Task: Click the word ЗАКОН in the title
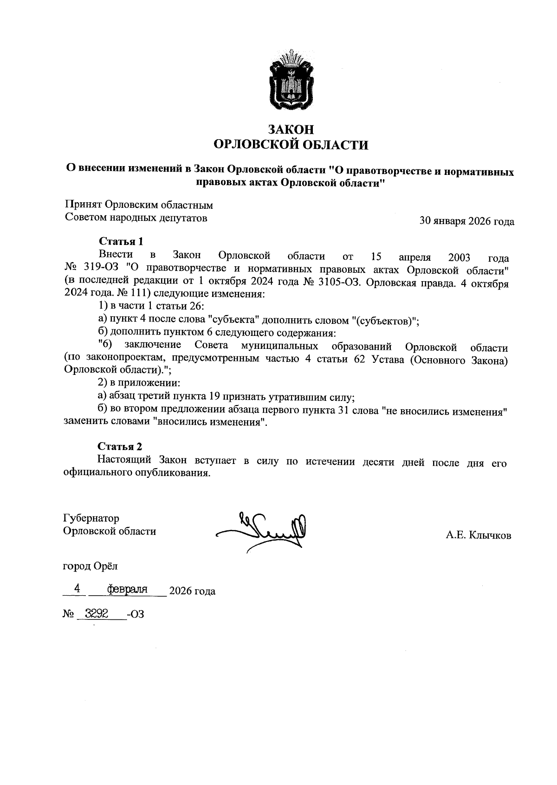(291, 129)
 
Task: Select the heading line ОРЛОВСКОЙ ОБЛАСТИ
(291, 145)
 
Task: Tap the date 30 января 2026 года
(466, 221)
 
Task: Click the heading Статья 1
(121, 241)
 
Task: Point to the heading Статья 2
(120, 446)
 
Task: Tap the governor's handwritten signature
(262, 529)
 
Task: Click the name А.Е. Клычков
(479, 535)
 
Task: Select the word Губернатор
(91, 518)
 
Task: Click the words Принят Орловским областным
(138, 205)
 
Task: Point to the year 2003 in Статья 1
(459, 257)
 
